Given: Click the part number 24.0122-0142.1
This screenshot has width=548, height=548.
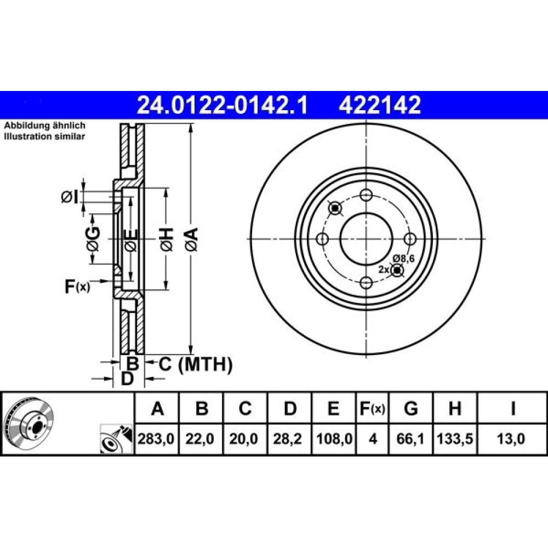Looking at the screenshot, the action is tap(222, 105).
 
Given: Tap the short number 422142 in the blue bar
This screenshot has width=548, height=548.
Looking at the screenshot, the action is tap(380, 105).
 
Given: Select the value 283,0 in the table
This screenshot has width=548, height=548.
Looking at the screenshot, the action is tap(156, 438).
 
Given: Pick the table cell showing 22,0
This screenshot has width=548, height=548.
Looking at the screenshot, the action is tap(199, 438).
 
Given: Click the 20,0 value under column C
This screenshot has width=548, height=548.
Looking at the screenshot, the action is tap(244, 438).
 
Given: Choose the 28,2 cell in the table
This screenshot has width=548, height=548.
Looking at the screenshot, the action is tap(287, 438).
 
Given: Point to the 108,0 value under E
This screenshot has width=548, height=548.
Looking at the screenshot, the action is tap(334, 438).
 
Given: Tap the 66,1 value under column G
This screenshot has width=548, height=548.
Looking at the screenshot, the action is tap(410, 438).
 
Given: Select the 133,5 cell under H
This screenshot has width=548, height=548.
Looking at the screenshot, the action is tap(455, 438).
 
